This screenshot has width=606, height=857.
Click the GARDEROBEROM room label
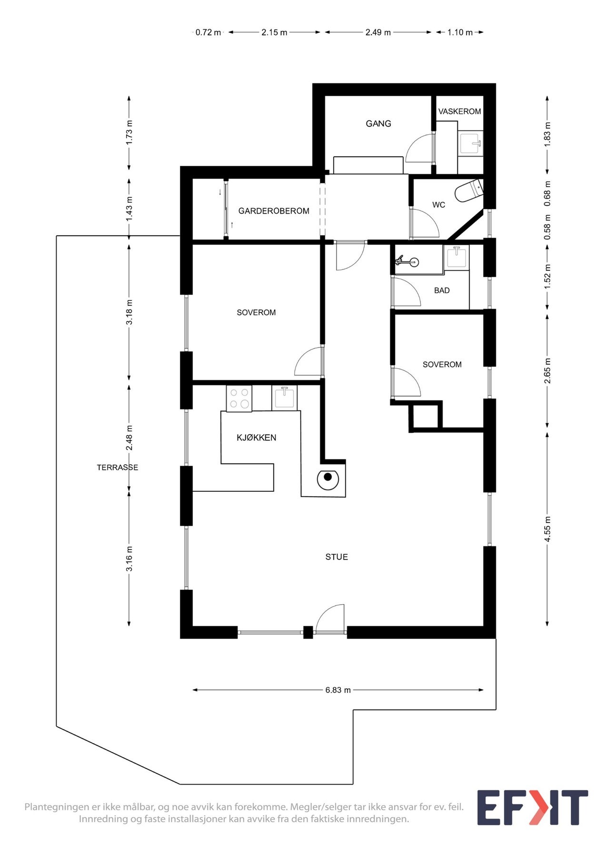(x=274, y=211)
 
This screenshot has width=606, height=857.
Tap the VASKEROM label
(x=459, y=111)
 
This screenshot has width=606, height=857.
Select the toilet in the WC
(x=469, y=191)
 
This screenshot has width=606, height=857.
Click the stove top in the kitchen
(x=239, y=399)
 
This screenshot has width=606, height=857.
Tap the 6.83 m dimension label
(x=338, y=690)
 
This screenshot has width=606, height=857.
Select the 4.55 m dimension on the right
(x=548, y=529)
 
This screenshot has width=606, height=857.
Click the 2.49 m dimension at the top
(x=378, y=32)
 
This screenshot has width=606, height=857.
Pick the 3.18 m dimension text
(x=129, y=312)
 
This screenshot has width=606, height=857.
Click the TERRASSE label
(x=118, y=468)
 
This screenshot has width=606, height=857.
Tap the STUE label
(x=337, y=557)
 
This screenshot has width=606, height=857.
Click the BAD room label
(x=442, y=290)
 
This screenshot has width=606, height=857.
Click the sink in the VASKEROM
(x=471, y=142)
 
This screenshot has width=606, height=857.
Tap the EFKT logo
(x=532, y=807)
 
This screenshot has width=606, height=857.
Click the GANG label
(x=378, y=124)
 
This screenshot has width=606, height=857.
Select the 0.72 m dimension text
(x=209, y=32)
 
